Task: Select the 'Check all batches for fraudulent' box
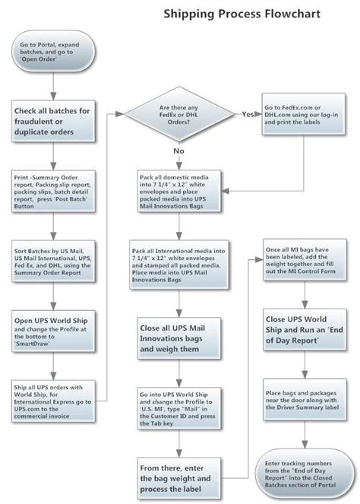(x=52, y=122)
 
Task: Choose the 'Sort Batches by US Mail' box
(x=52, y=262)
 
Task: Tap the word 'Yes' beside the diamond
(x=248, y=114)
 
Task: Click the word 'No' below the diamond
(x=179, y=151)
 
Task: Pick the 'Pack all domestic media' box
(x=180, y=189)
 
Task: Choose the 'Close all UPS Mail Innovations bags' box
(x=180, y=336)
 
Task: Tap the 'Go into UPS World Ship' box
(x=180, y=406)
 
